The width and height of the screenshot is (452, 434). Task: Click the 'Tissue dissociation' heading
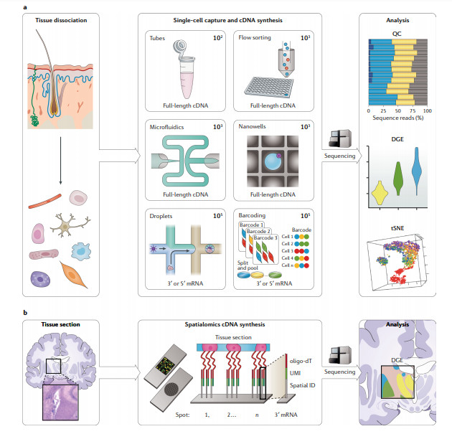64,19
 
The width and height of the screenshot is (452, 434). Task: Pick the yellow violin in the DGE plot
381,191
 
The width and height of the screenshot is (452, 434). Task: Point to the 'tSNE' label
397,227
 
